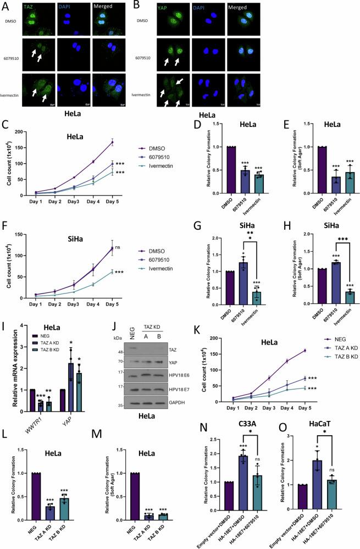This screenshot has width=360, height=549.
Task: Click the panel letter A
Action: pos(5,7)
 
